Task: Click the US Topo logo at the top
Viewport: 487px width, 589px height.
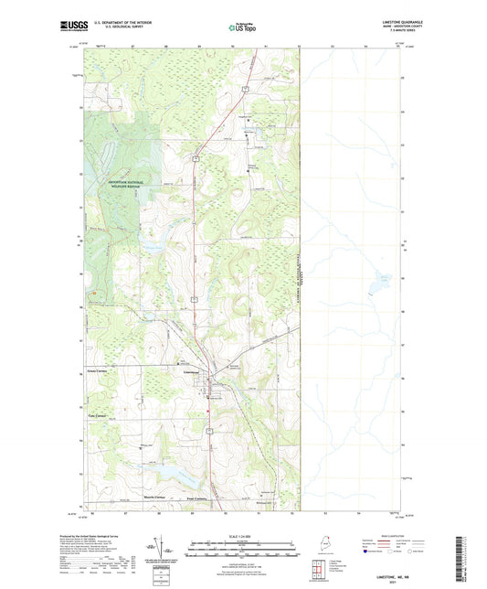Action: tap(240, 27)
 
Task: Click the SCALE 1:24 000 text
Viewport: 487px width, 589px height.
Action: tap(242, 536)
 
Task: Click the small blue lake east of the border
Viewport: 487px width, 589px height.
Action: tap(375, 289)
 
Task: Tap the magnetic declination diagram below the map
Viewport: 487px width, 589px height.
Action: tap(162, 551)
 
